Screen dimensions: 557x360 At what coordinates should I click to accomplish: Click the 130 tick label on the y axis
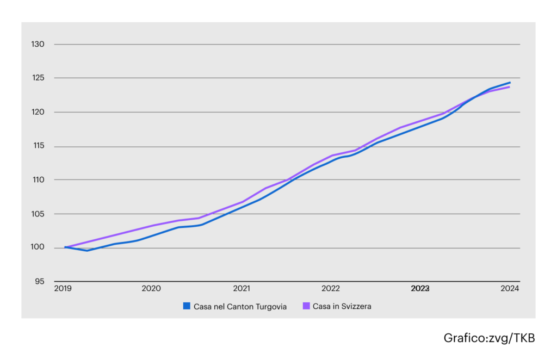(38, 45)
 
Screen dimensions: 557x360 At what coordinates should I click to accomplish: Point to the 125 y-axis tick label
(38, 78)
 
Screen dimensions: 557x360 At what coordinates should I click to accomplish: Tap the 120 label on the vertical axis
(38, 112)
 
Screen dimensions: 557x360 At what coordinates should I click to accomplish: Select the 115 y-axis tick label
(39, 146)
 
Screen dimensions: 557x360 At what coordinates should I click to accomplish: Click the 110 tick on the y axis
(39, 180)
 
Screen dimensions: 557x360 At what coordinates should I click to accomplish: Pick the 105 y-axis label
(38, 214)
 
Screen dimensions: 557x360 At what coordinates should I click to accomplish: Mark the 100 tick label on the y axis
(38, 247)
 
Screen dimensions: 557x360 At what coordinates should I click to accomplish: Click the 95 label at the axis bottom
(39, 282)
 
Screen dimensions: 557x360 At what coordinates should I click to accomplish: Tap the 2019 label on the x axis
(63, 289)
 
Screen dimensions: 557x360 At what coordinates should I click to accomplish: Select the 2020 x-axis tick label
(151, 289)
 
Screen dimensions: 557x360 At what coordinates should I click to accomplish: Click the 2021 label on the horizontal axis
(242, 289)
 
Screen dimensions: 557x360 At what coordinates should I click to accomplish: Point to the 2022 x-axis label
(331, 289)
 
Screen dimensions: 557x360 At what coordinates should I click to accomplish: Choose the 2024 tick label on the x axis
(510, 289)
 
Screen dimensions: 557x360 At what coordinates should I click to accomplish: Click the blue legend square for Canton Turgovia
(187, 306)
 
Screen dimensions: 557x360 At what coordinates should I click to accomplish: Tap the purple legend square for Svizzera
(306, 306)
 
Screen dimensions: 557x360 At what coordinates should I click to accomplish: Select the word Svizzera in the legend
(356, 306)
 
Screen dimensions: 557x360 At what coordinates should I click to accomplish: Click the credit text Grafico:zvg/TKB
(489, 338)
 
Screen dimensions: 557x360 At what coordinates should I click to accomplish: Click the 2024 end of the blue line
(510, 82)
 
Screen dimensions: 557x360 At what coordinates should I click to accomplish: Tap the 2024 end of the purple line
(509, 87)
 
